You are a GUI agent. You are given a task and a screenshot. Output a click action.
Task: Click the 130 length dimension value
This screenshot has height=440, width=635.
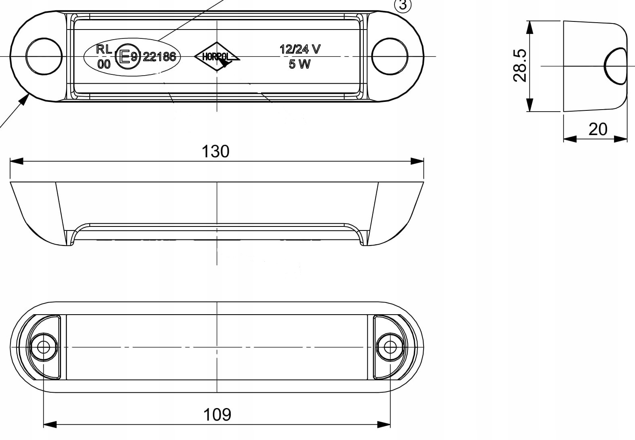(215, 151)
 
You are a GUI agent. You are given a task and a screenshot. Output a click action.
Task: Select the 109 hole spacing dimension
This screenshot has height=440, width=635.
(217, 415)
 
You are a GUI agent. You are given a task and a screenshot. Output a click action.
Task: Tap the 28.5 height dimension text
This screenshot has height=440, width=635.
(520, 66)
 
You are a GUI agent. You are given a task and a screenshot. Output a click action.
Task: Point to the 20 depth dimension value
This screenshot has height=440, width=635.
(598, 129)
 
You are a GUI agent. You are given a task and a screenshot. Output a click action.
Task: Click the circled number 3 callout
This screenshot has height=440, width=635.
(403, 5)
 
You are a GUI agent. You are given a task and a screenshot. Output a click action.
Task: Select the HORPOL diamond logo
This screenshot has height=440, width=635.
(217, 57)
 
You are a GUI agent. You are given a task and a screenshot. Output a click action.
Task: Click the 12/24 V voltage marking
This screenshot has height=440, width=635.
(300, 49)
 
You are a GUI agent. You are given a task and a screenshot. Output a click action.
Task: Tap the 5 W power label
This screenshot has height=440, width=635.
(300, 64)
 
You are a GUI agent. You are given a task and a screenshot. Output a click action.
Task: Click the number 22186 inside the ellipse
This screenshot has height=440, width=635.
(159, 57)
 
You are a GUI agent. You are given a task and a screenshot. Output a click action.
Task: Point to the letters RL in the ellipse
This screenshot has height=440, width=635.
(104, 49)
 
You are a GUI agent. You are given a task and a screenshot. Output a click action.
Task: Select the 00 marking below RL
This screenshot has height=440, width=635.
(104, 64)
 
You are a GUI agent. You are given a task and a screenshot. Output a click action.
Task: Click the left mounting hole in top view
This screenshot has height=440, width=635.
(44, 56)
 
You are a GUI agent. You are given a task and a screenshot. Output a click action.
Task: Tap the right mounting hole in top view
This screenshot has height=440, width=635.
(390, 56)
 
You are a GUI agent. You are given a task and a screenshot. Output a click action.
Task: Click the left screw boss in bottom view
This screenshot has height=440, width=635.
(43, 347)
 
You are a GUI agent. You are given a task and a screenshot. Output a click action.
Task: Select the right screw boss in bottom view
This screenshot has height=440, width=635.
(390, 347)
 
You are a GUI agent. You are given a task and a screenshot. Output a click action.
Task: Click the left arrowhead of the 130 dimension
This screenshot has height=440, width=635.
(16, 161)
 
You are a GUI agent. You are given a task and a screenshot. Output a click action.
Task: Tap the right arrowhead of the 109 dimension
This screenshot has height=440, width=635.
(384, 424)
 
